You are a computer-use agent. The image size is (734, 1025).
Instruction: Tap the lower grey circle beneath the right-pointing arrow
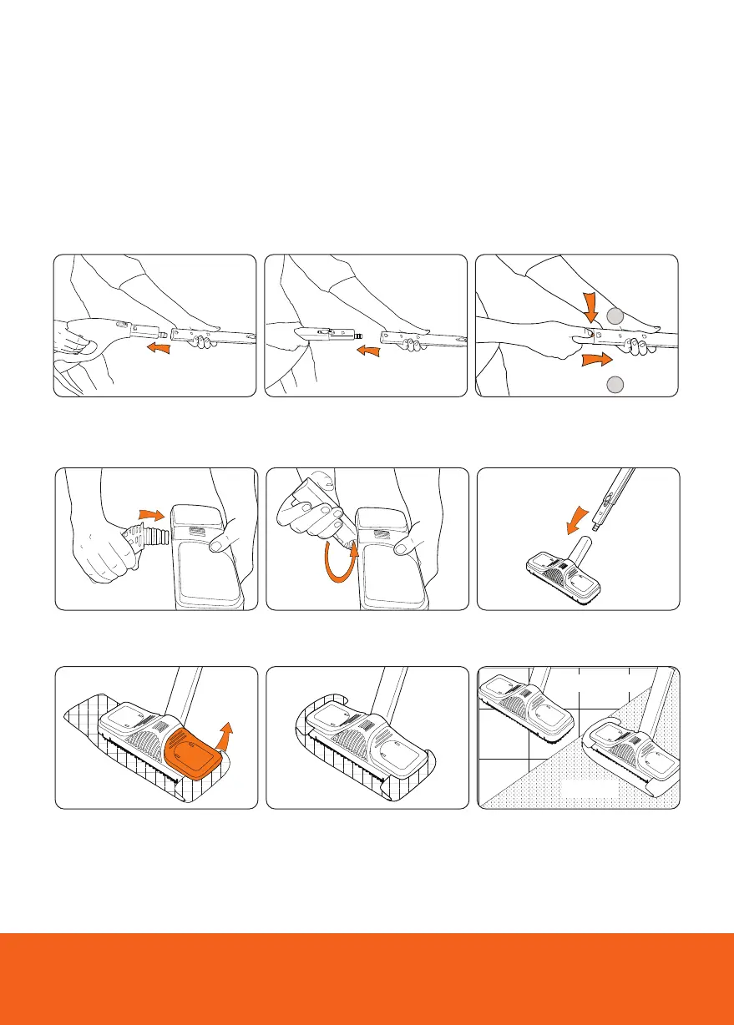point(614,384)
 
